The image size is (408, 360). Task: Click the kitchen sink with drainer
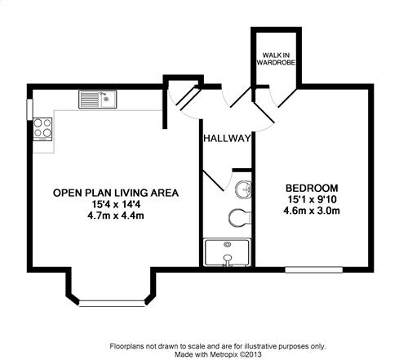point(98,100)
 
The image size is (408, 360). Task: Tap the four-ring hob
point(42,129)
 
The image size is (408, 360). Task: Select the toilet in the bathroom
point(239,217)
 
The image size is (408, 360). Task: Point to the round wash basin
point(243,189)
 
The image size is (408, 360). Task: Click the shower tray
point(227,252)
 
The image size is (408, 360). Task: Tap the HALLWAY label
point(227,138)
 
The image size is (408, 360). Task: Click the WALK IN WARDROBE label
point(276,59)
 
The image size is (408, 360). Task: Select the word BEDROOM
point(312,188)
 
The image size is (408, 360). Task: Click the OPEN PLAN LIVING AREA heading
point(116,193)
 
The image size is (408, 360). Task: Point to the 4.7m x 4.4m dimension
point(116,216)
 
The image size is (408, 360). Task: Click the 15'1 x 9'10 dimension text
point(312,199)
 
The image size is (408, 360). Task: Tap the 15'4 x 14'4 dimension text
point(116,204)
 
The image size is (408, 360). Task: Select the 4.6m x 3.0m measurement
point(312,211)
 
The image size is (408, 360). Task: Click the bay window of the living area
point(112,304)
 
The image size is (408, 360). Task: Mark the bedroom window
point(313,269)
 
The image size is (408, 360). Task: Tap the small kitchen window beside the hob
point(29,109)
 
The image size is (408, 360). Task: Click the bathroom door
point(214,180)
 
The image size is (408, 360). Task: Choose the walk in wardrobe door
point(287,97)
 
